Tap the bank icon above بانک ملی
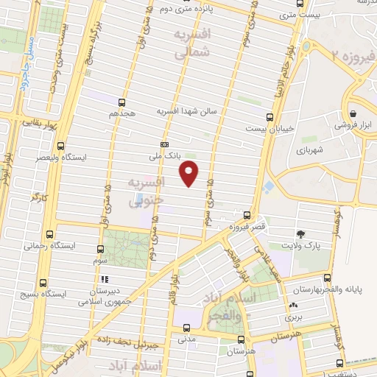click(164, 144)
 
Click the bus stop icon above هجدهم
click(121, 102)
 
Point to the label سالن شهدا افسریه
click(186, 111)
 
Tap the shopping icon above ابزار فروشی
click(354, 113)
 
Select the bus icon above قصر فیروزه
click(247, 216)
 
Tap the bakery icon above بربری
click(293, 305)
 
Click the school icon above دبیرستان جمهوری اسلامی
click(105, 278)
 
